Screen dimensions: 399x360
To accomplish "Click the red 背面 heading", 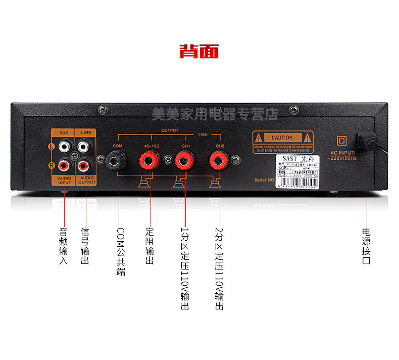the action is pyautogui.click(x=199, y=51).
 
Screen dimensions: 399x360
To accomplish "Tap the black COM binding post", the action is pyautogui.click(x=118, y=162).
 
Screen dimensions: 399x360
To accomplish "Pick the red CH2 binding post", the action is pyautogui.click(x=219, y=162).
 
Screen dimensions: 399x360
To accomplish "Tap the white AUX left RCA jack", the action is pyautogui.click(x=64, y=147).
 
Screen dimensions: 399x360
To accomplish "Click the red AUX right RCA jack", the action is pyautogui.click(x=64, y=165).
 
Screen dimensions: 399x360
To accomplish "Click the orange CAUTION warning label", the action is pyautogui.click(x=283, y=142).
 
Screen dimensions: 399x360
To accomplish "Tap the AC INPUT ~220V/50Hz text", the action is pyautogui.click(x=343, y=155).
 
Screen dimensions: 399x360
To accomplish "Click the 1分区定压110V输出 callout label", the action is pyautogui.click(x=185, y=268).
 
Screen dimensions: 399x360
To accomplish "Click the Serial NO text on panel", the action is pyautogui.click(x=263, y=179).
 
